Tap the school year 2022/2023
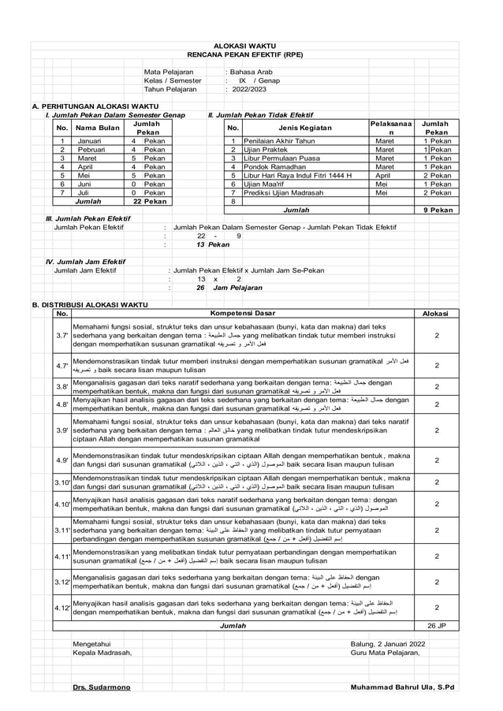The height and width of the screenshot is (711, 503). (x=251, y=89)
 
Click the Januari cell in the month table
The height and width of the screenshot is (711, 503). (x=89, y=142)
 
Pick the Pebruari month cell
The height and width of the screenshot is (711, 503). (x=92, y=150)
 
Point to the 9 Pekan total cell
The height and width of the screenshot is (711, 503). (x=438, y=210)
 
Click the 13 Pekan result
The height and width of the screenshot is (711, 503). (x=208, y=245)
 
